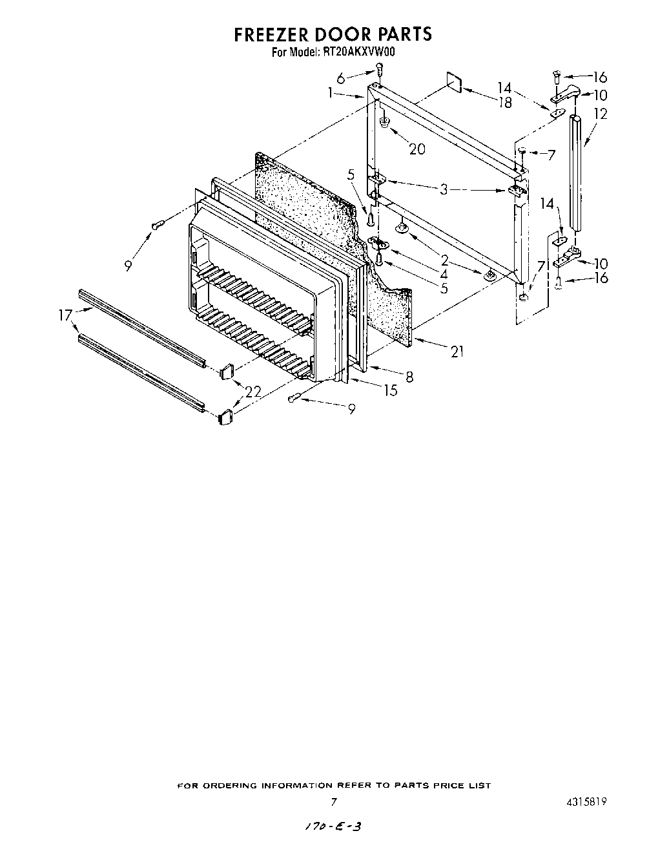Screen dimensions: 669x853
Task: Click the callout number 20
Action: tap(417, 149)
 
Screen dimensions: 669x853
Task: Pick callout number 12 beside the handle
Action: tap(601, 114)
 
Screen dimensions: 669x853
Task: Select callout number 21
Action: tap(457, 352)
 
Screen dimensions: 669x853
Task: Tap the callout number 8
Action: tap(409, 377)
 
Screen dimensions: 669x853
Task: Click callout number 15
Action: tap(390, 390)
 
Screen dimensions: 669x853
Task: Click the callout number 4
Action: tap(444, 273)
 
